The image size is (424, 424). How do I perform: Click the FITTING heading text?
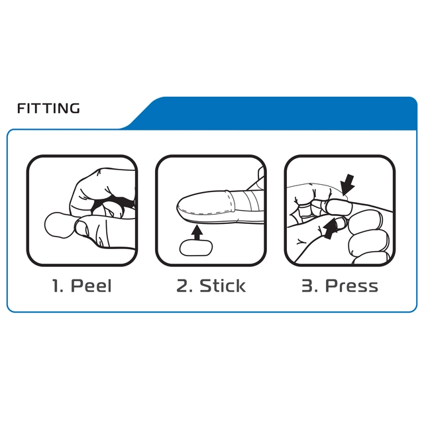[x=48, y=108]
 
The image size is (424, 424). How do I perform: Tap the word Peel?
[x=91, y=286]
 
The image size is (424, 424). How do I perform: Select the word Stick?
[x=223, y=286]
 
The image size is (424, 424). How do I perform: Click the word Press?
[x=351, y=286]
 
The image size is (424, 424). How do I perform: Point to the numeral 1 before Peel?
[x=56, y=286]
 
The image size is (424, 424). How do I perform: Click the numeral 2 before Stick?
[x=182, y=286]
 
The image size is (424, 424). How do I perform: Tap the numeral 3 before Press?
[x=307, y=286]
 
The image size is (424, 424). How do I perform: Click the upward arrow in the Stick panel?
[x=197, y=233]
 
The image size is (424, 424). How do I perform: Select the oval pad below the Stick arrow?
[x=196, y=248]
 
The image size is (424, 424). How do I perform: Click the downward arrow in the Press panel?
[x=347, y=184]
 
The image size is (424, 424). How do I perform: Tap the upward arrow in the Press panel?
[x=330, y=229]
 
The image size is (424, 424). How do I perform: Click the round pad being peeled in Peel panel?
[x=59, y=225]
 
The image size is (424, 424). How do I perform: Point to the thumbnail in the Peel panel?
[x=81, y=228]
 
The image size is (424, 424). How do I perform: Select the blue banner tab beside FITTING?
[x=273, y=113]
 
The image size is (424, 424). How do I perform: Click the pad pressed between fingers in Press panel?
[x=338, y=207]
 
